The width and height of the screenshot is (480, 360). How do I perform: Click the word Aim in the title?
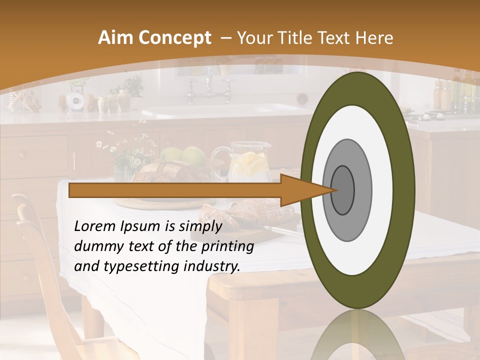point(115,38)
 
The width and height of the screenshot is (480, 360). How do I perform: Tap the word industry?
point(209,266)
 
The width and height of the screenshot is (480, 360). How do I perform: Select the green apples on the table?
point(185,155)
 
